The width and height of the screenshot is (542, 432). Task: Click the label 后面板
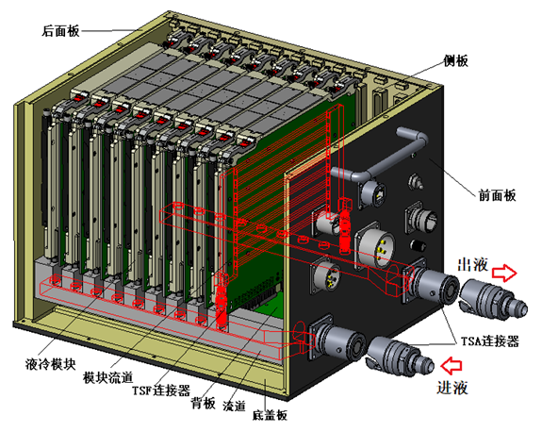[x=61, y=31]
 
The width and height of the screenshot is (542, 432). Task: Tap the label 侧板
[x=456, y=61]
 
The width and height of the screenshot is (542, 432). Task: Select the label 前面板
[x=497, y=195]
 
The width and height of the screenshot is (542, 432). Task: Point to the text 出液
[x=472, y=265]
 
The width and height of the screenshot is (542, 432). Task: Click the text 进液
[x=452, y=388]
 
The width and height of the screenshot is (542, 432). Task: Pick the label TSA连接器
[x=490, y=341]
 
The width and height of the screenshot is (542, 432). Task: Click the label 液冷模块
[x=51, y=364]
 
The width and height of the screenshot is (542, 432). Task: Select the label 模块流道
[x=107, y=377]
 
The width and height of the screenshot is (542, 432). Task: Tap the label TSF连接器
[x=161, y=390]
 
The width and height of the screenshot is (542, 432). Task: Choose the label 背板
[x=204, y=403]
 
